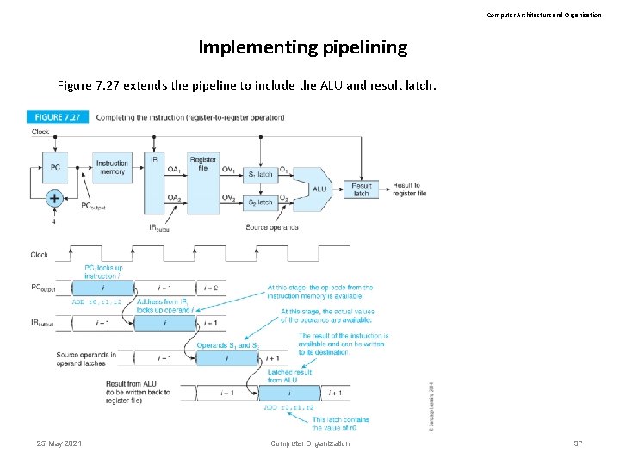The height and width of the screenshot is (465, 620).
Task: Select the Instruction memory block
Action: (111, 167)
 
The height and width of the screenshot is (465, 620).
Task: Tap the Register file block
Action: (203, 164)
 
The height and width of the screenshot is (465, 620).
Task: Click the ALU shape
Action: (318, 189)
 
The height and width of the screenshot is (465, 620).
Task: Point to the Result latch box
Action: (361, 189)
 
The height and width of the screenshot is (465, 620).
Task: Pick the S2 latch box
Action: (260, 202)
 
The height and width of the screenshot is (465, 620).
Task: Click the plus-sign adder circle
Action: (54, 198)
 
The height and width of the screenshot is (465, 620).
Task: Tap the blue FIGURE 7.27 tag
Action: (59, 117)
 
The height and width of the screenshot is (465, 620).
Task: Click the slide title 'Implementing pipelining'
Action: (302, 47)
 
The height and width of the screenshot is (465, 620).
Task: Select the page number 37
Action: (578, 443)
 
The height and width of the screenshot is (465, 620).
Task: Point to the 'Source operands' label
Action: (271, 227)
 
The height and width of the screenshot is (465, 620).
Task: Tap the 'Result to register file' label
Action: (406, 189)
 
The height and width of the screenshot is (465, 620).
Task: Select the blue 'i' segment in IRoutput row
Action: (165, 322)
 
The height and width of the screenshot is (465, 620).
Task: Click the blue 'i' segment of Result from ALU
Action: (288, 393)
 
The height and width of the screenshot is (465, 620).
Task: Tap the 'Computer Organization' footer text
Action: (310, 443)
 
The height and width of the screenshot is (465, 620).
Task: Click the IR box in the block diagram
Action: (154, 185)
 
